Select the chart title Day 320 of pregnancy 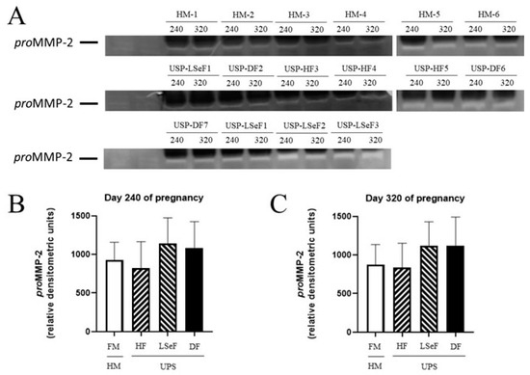click(x=406, y=199)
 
